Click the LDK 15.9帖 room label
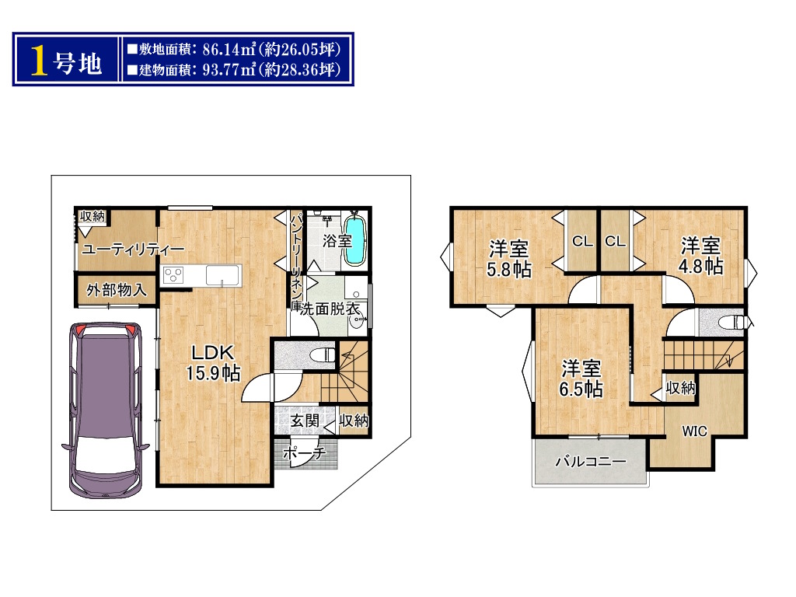213,363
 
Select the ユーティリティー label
132,250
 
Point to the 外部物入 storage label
117,290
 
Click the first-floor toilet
322,354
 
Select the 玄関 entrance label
305,421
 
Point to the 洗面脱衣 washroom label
330,308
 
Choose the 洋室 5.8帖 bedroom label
508,259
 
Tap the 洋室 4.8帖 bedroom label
700,256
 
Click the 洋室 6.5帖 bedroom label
581,379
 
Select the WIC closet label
694,431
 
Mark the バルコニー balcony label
591,462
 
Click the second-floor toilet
731,322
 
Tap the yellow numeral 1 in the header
39,61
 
